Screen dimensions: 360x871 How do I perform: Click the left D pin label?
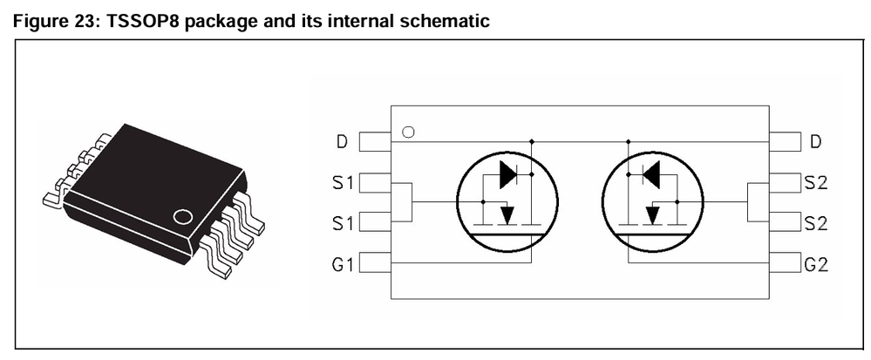(342, 141)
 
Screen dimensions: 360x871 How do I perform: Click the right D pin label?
(815, 141)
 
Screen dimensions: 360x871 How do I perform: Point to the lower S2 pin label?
(816, 222)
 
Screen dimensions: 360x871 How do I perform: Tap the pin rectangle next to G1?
(375, 262)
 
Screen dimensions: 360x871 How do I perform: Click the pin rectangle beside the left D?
(375, 141)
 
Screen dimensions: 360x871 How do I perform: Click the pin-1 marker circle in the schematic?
(407, 132)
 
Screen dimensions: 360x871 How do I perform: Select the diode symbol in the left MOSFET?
(508, 175)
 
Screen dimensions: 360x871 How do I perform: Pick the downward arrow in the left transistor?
(508, 214)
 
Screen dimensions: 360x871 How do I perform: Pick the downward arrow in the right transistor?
(651, 214)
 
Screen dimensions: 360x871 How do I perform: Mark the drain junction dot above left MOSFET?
(532, 140)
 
